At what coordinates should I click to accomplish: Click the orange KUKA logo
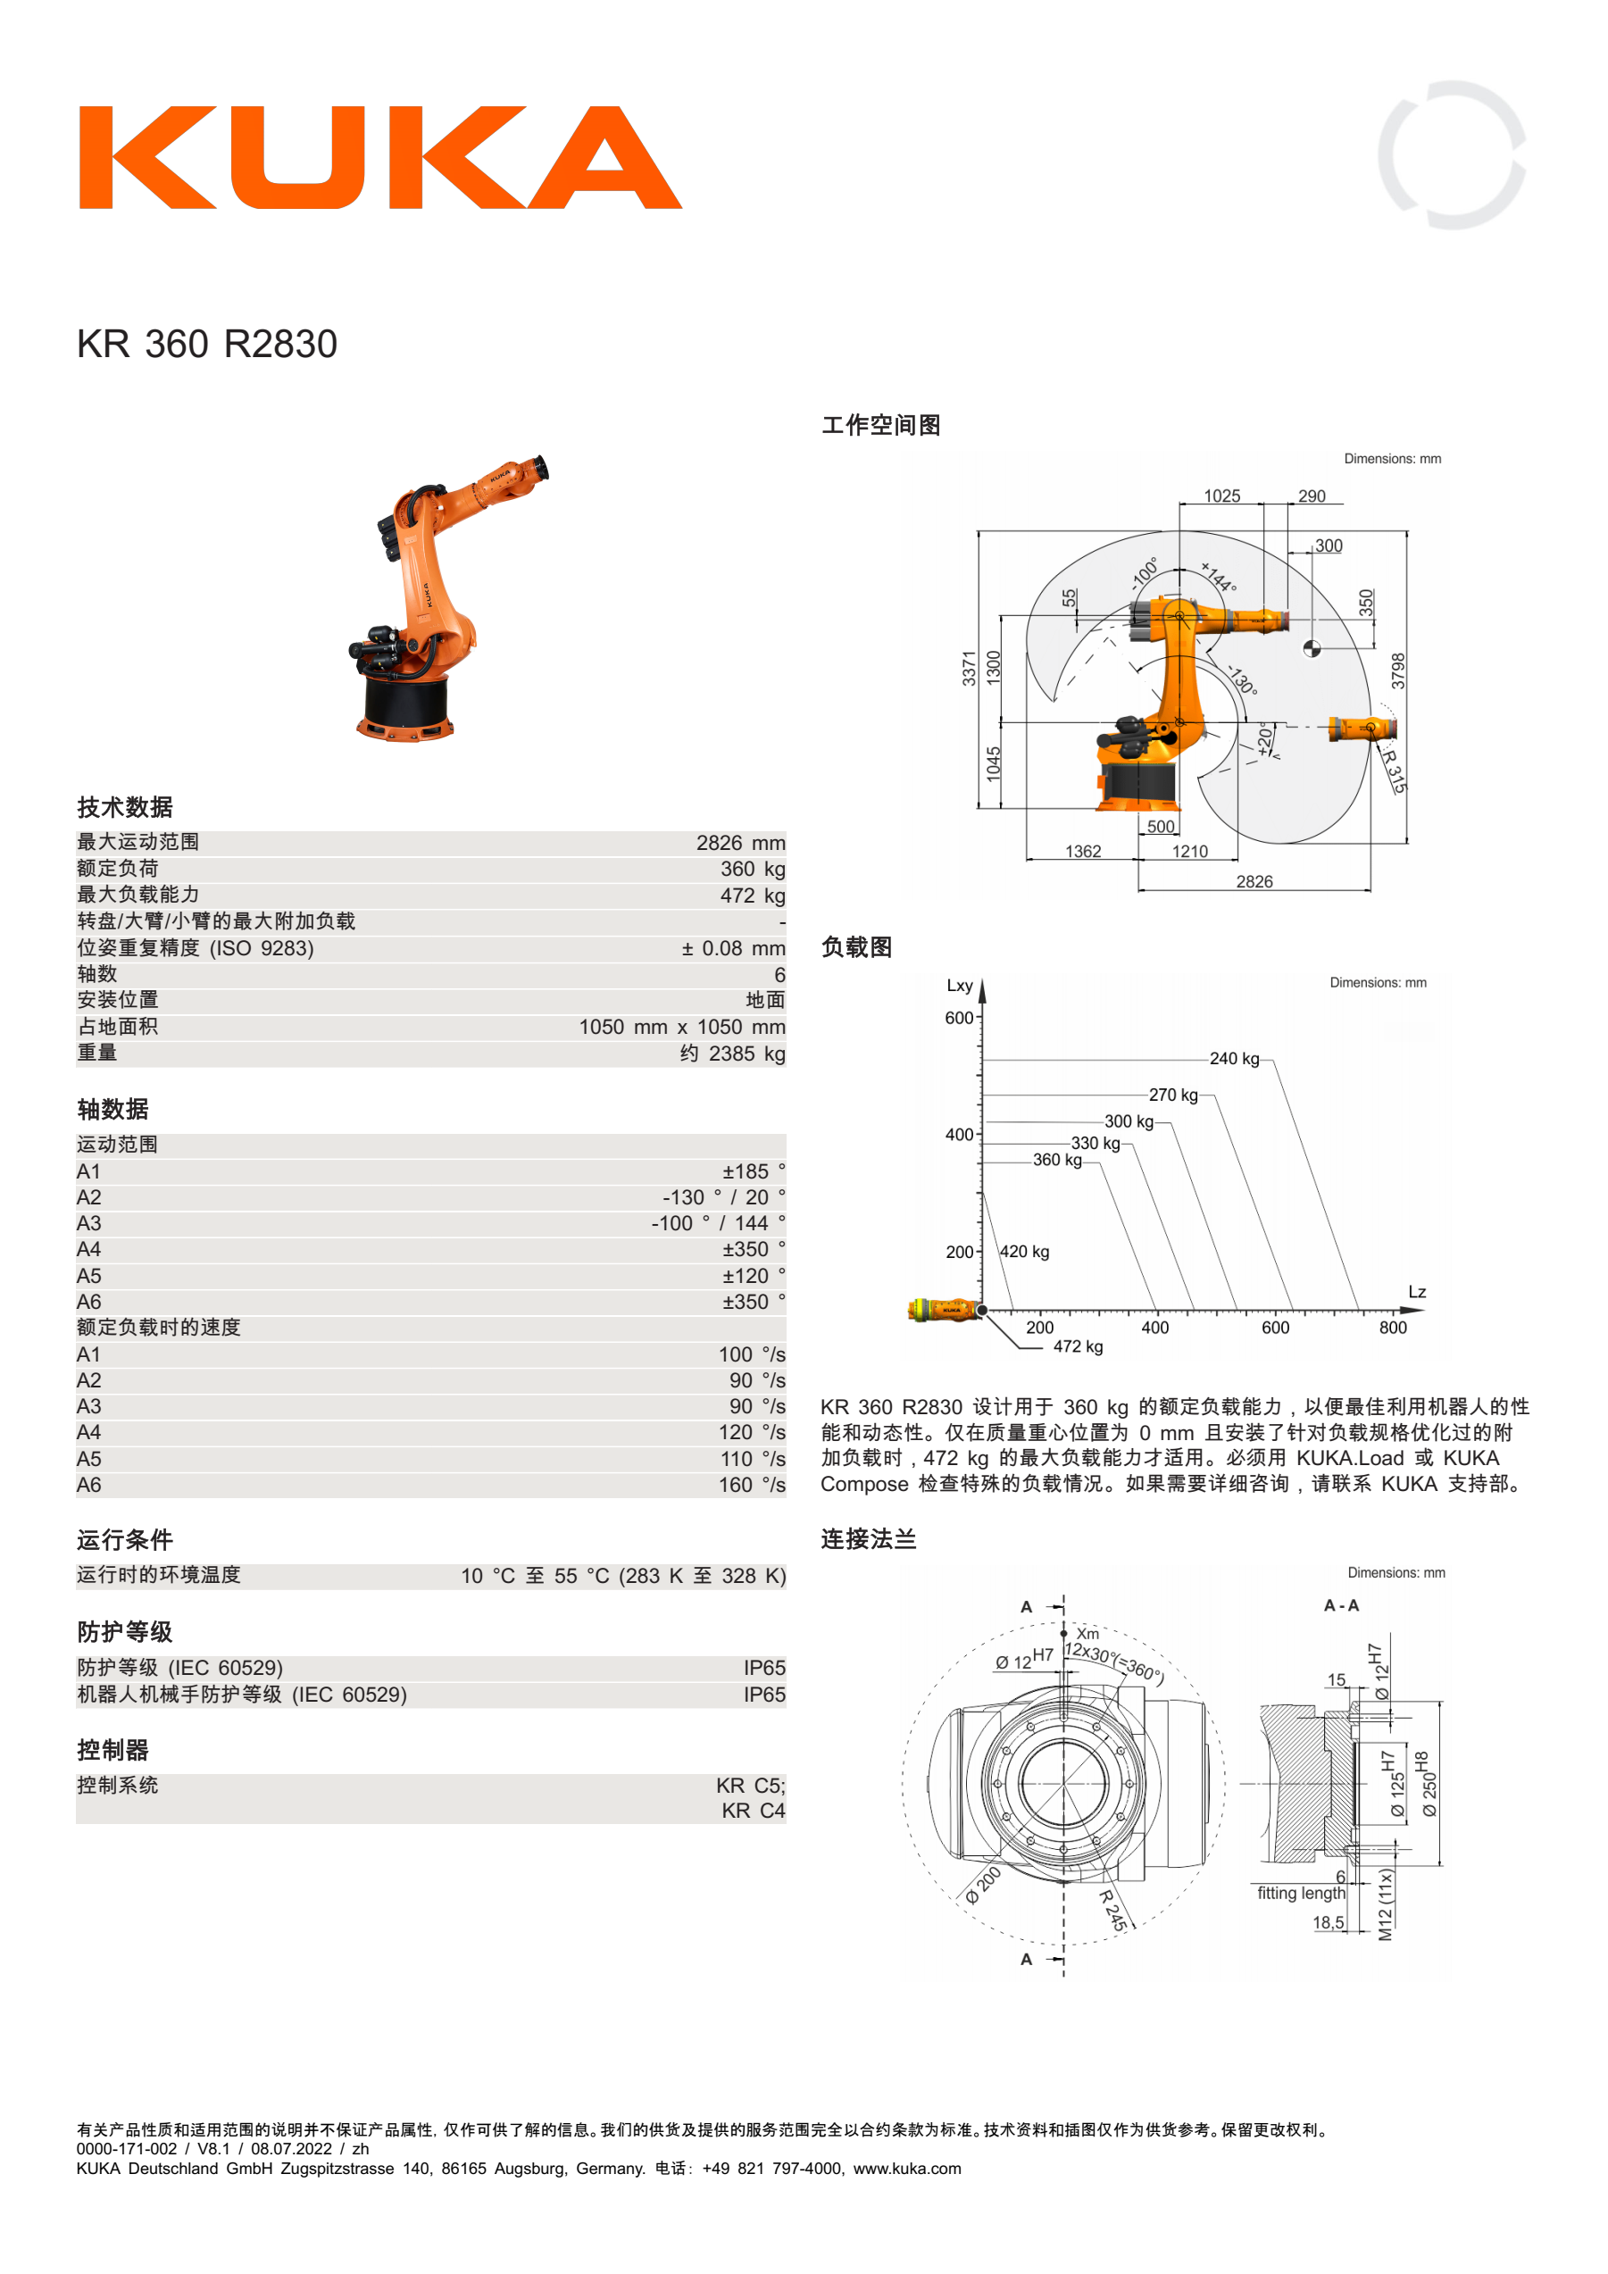pyautogui.click(x=380, y=157)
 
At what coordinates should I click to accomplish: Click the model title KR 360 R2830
pyautogui.click(x=207, y=344)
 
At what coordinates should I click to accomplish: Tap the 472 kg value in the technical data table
pyautogui.click(x=753, y=895)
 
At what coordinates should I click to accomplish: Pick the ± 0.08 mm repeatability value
pyautogui.click(x=733, y=948)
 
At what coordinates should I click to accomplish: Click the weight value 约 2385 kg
pyautogui.click(x=733, y=1054)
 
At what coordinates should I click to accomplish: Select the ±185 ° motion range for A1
pyautogui.click(x=754, y=1171)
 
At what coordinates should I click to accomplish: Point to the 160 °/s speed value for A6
pyautogui.click(x=753, y=1485)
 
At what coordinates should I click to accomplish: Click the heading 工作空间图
pyautogui.click(x=881, y=425)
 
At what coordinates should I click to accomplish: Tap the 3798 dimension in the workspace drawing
pyautogui.click(x=1397, y=671)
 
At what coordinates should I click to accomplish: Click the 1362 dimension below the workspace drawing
pyautogui.click(x=1083, y=851)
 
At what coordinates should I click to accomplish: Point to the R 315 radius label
pyautogui.click(x=1393, y=770)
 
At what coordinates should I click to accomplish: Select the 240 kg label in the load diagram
pyautogui.click(x=1235, y=1059)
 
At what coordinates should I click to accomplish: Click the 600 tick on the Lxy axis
pyautogui.click(x=959, y=1017)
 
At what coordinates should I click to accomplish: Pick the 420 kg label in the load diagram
pyautogui.click(x=1025, y=1252)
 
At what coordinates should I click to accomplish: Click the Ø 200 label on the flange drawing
pyautogui.click(x=983, y=1886)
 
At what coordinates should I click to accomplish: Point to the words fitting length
pyautogui.click(x=1301, y=1894)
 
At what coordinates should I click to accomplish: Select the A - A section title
pyautogui.click(x=1342, y=1605)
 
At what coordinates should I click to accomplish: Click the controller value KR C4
pyautogui.click(x=754, y=1811)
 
